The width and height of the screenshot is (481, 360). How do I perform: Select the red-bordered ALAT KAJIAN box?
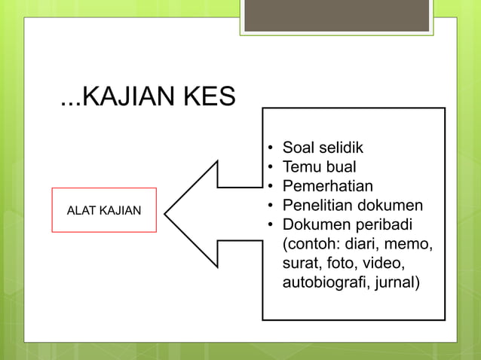click(104, 210)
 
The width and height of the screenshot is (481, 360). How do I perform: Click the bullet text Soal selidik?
click(323, 147)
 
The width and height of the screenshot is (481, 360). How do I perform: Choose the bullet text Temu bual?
click(319, 166)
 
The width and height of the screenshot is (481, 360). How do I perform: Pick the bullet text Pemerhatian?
click(327, 186)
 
